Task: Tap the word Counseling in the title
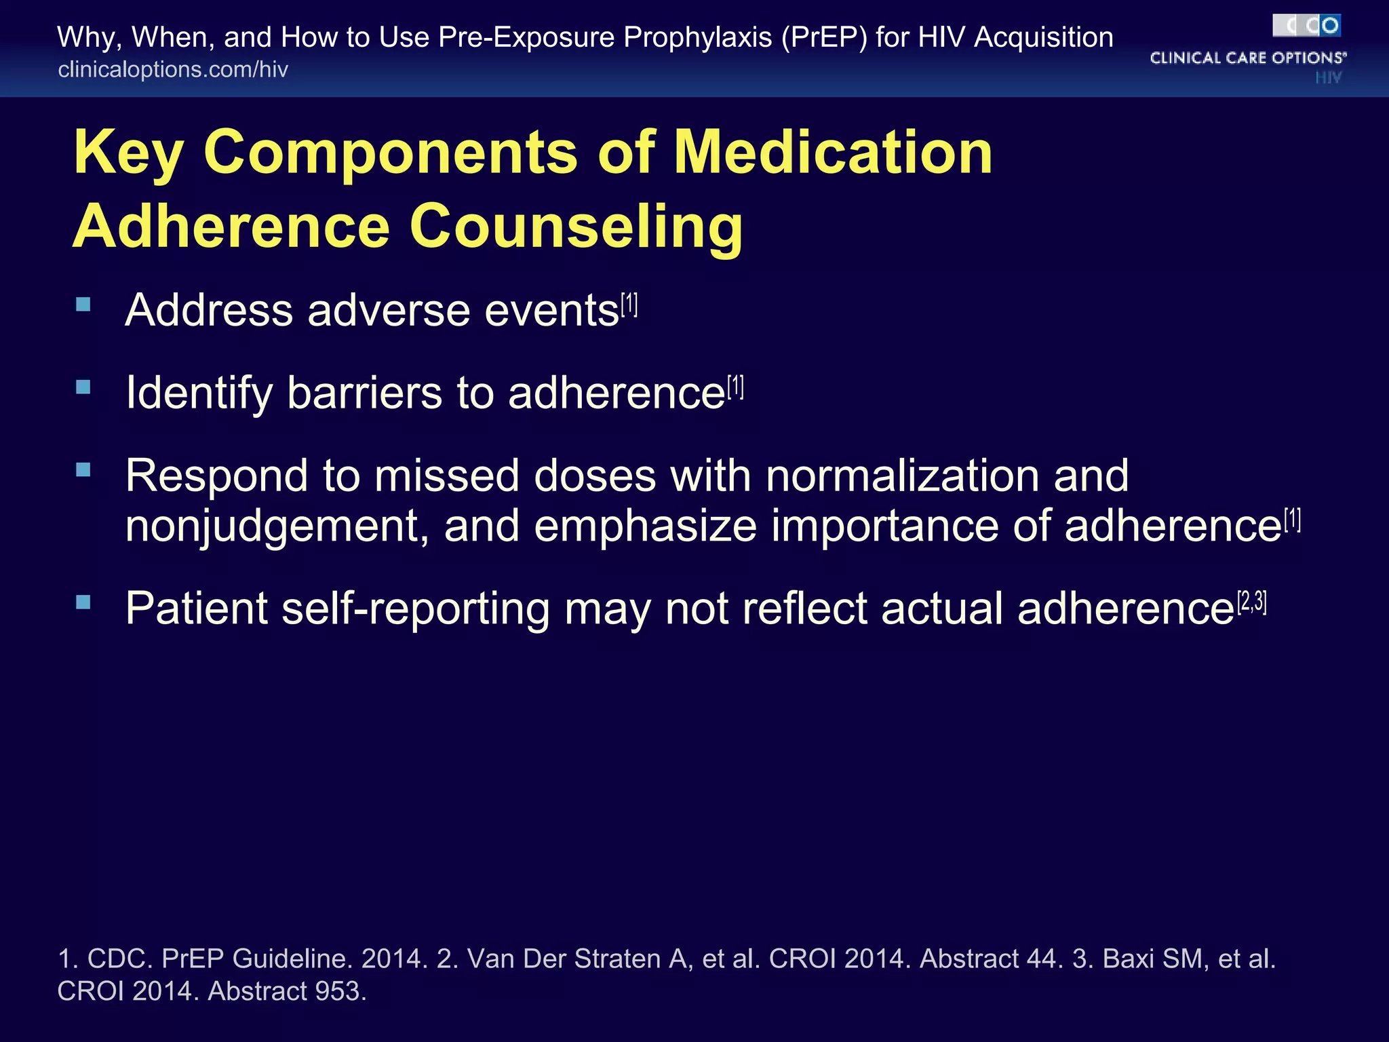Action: (x=576, y=227)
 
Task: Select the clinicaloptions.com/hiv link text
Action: (x=173, y=70)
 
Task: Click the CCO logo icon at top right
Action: (x=1306, y=26)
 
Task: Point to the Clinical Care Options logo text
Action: (x=1248, y=58)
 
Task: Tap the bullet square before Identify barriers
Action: (x=83, y=387)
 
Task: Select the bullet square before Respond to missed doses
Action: (x=83, y=469)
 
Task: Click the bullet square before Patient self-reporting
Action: (x=83, y=602)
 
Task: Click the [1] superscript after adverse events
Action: (x=629, y=305)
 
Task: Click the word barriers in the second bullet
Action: (x=364, y=393)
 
